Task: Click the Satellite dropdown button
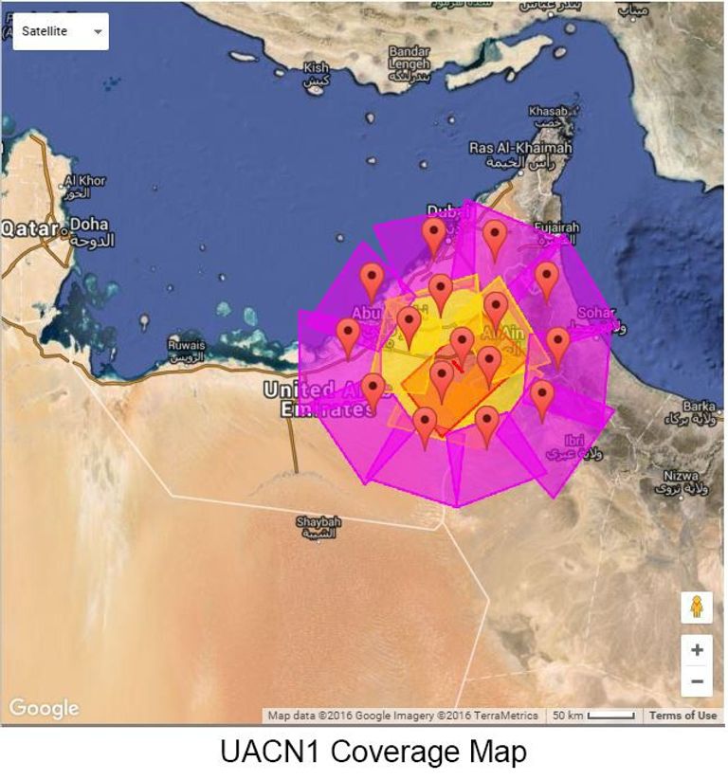pos(60,31)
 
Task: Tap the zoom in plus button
pos(697,650)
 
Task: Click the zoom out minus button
pos(697,680)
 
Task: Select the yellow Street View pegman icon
pos(697,608)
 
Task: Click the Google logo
pos(44,708)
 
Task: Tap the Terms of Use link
pos(682,716)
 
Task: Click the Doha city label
pos(89,226)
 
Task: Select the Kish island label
pos(316,69)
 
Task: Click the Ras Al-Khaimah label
pos(520,149)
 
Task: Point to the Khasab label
pos(549,112)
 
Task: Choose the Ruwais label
pos(186,346)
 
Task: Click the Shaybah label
pos(318,523)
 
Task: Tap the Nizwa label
pos(681,477)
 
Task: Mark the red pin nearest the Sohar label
pos(557,344)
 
